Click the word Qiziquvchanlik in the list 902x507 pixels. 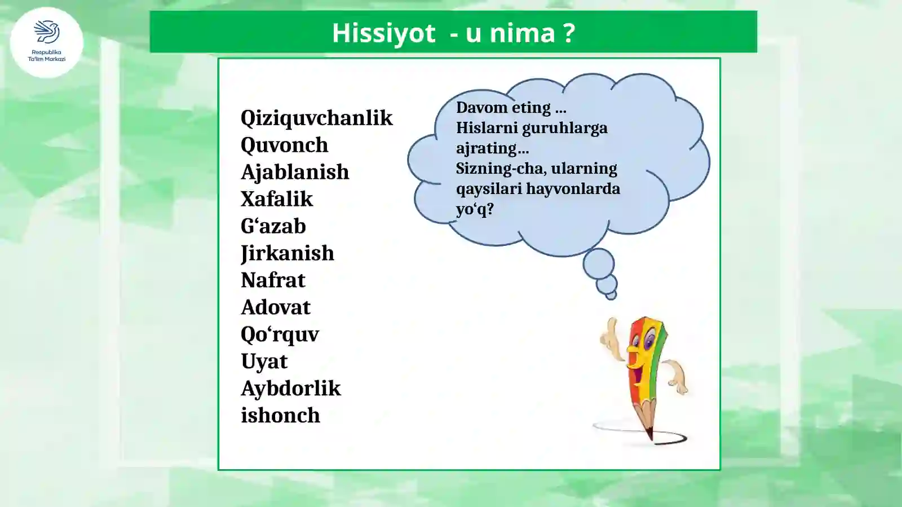coord(316,118)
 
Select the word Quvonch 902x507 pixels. coord(284,145)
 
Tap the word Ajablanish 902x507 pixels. coord(295,172)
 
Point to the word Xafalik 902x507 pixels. coord(276,199)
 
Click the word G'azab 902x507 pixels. coord(273,226)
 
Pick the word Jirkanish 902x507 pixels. coord(287,253)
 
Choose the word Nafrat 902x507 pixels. coord(273,280)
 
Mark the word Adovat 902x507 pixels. coord(276,307)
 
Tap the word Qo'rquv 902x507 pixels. coord(280,334)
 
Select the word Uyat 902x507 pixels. coord(264,361)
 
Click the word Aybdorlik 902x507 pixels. coord(290,389)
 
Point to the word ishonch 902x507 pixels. coord(280,416)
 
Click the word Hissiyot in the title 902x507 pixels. coord(383,33)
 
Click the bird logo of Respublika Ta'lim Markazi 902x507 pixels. coord(47,32)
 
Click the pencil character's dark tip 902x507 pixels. coord(650,434)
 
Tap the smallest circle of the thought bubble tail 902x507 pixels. coord(612,295)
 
